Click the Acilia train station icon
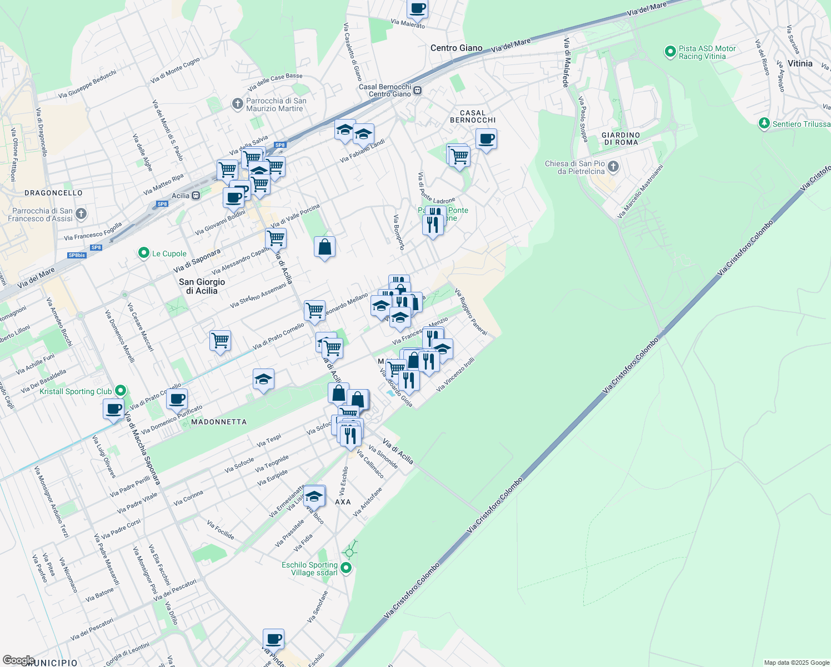[x=196, y=196]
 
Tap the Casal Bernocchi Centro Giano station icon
[x=417, y=91]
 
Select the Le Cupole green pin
[x=143, y=253]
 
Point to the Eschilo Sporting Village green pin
[x=346, y=568]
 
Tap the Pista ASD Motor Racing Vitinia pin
[x=670, y=52]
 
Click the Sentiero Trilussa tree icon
[x=764, y=123]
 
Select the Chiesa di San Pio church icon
[x=613, y=167]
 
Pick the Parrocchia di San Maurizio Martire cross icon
[x=237, y=104]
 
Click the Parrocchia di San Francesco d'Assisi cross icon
[x=81, y=214]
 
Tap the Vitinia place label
[x=800, y=63]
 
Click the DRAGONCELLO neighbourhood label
[x=53, y=193]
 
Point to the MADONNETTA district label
[x=219, y=422]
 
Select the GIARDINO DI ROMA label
[x=621, y=138]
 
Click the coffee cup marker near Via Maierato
[x=417, y=9]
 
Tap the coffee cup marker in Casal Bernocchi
[x=486, y=139]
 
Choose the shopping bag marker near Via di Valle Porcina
[x=324, y=247]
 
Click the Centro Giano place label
[x=457, y=48]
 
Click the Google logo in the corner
[x=18, y=660]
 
